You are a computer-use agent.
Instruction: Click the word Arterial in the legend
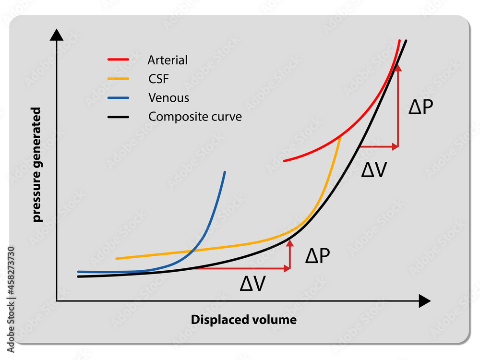168,60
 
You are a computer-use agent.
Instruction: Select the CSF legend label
158,79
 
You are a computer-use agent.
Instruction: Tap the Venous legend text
168,98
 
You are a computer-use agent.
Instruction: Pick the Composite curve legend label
195,117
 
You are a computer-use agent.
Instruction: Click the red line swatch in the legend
118,60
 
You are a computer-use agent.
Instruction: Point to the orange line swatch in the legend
118,79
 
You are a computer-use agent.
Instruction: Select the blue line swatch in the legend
118,98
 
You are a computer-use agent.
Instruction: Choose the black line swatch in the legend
118,117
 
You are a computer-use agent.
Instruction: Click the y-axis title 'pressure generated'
37,165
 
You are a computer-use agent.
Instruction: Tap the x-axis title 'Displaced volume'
244,320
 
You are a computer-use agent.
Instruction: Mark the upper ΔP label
420,107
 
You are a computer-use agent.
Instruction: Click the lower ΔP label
317,256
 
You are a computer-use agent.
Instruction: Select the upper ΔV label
373,169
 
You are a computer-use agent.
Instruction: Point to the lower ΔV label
252,284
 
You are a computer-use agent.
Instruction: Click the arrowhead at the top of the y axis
57,35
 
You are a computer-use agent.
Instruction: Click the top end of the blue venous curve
225,172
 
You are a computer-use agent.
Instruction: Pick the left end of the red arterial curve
285,160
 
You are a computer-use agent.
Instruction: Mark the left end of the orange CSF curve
117,259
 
